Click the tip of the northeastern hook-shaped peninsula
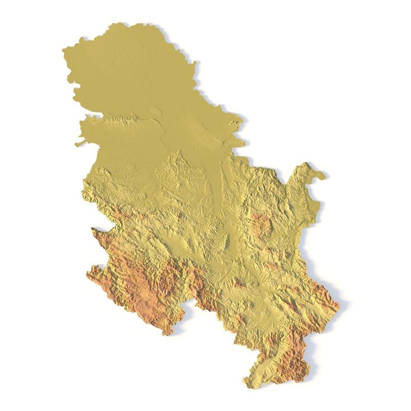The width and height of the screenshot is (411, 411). click(x=322, y=176)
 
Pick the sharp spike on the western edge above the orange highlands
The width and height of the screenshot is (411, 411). click(x=92, y=229)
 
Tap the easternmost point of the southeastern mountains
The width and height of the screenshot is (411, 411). click(x=339, y=306)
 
